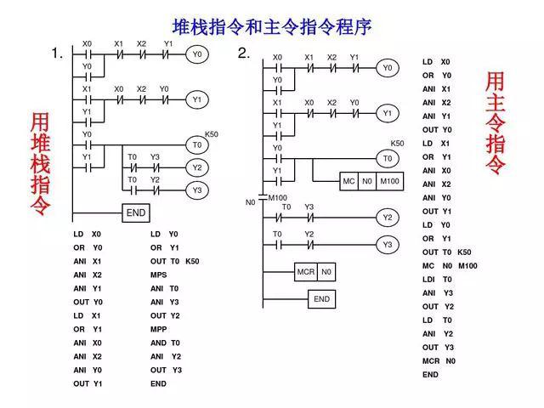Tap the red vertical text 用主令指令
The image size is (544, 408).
tap(495, 124)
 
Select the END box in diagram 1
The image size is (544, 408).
tap(136, 213)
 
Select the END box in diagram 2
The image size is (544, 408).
tap(321, 299)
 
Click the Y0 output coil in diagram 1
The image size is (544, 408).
tap(197, 54)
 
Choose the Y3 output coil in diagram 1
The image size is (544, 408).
tap(197, 190)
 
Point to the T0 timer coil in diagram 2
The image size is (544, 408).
tap(388, 159)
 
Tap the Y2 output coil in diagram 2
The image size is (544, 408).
tap(388, 218)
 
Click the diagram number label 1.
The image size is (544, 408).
tap(57, 54)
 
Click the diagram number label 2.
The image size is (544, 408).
tap(244, 54)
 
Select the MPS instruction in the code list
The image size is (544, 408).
tap(159, 275)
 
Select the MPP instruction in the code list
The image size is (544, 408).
tap(159, 329)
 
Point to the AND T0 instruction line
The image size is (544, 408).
tap(165, 343)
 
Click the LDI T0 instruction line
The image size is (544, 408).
tap(437, 279)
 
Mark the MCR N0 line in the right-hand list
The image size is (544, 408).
tap(439, 360)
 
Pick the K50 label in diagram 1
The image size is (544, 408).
tap(212, 134)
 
